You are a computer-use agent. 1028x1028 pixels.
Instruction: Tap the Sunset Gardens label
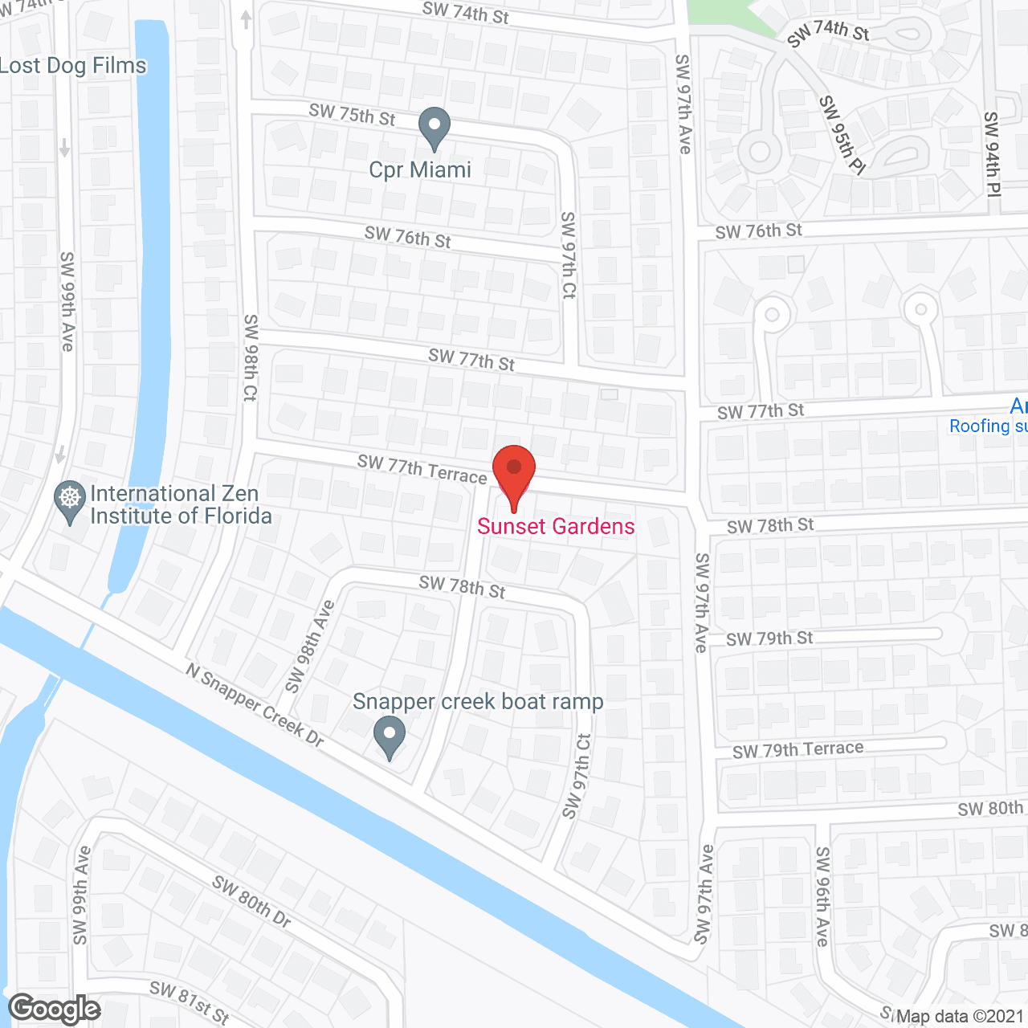pos(556,527)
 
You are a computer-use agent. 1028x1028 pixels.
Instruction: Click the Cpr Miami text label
pos(420,170)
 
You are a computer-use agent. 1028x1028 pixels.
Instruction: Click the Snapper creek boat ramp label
pos(478,702)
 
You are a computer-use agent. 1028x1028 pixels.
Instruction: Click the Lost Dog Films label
pos(73,66)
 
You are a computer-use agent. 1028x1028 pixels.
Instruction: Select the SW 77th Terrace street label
pos(422,469)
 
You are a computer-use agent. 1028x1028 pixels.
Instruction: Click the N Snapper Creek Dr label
pos(255,704)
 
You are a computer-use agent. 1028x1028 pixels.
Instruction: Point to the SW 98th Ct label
pos(251,357)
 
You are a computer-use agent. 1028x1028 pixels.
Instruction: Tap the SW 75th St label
pos(352,114)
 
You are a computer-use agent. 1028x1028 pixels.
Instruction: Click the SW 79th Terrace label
pos(798,749)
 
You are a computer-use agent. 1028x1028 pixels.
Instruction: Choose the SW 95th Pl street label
pos(842,134)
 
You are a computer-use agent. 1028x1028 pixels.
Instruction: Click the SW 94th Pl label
pos(992,153)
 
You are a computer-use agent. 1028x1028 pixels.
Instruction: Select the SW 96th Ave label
pos(822,895)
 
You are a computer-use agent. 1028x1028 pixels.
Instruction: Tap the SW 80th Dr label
pos(251,901)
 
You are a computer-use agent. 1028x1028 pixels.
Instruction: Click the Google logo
pos(55,1009)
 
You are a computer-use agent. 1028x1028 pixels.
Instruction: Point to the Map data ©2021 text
pos(960,1017)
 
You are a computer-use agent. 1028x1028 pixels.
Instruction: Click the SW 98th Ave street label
pos(310,646)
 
